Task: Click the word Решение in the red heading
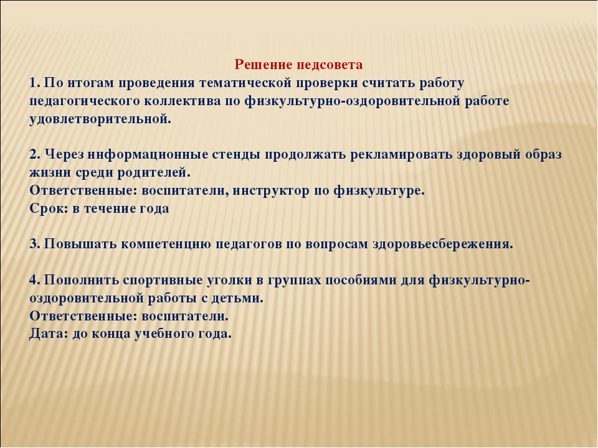click(263, 64)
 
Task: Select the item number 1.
click(35, 83)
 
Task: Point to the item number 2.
click(35, 154)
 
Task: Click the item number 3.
click(35, 244)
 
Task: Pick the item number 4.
click(35, 280)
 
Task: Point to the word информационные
click(147, 155)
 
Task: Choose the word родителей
click(154, 173)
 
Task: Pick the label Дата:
click(49, 334)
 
